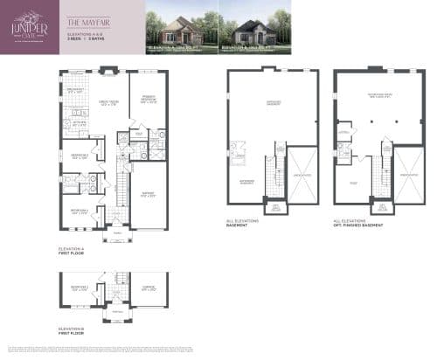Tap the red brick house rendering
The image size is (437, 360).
pyautogui.click(x=178, y=26)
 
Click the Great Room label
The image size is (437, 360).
pyautogui.click(x=109, y=103)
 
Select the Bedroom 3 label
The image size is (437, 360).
pyautogui.click(x=77, y=158)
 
